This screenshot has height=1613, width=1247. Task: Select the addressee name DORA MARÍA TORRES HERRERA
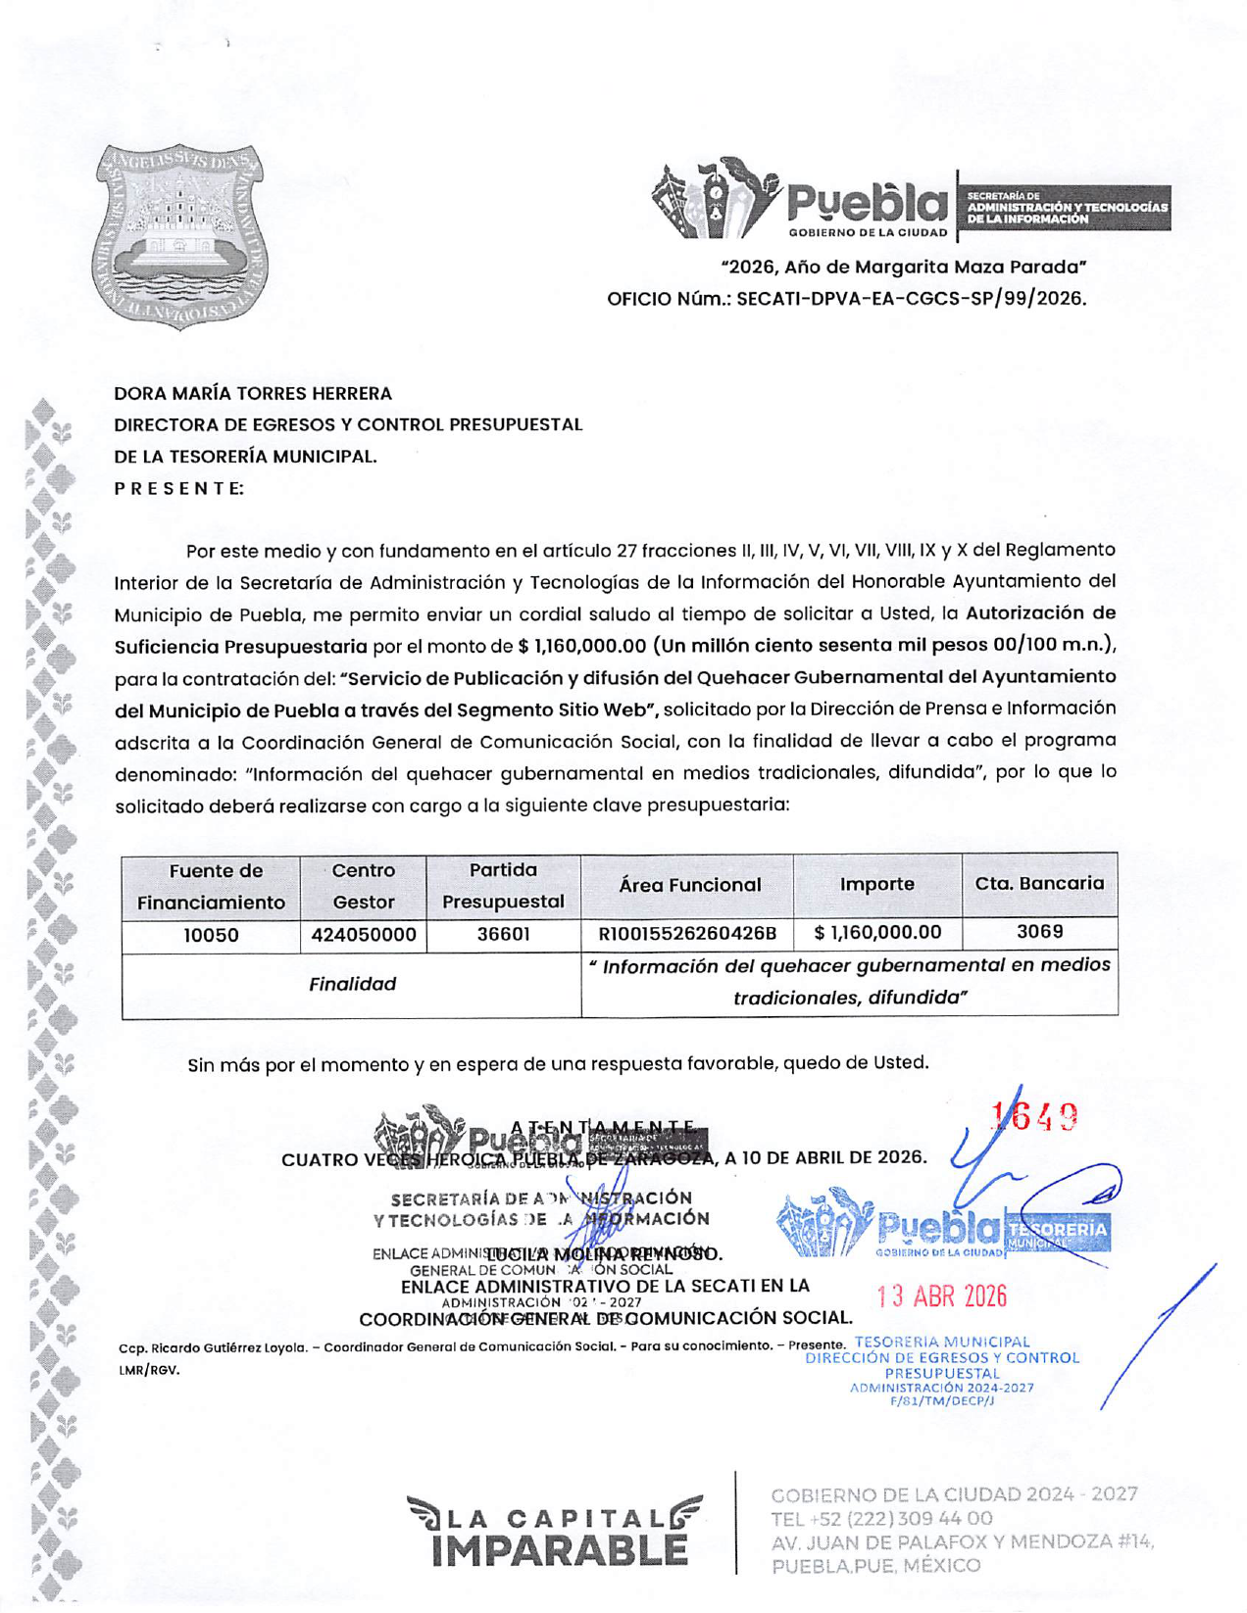click(x=253, y=394)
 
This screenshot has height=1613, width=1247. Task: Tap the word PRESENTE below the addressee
click(x=178, y=488)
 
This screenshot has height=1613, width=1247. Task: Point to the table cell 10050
click(x=211, y=935)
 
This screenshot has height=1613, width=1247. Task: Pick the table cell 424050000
click(x=364, y=935)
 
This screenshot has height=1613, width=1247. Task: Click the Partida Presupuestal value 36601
click(x=503, y=934)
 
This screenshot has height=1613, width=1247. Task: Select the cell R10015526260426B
click(x=687, y=933)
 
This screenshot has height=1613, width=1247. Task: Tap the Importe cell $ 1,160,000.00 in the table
click(x=877, y=932)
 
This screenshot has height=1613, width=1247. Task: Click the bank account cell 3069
click(x=1039, y=931)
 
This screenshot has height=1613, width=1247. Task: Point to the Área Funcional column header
click(x=689, y=885)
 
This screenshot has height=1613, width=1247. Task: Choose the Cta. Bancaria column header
click(x=1039, y=883)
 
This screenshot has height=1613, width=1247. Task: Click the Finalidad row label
click(x=352, y=984)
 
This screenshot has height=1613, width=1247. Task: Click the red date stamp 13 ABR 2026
click(x=941, y=1296)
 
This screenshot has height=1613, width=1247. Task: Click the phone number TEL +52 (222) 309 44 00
click(x=881, y=1518)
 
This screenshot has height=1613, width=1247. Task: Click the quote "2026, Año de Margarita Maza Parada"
click(x=903, y=267)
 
